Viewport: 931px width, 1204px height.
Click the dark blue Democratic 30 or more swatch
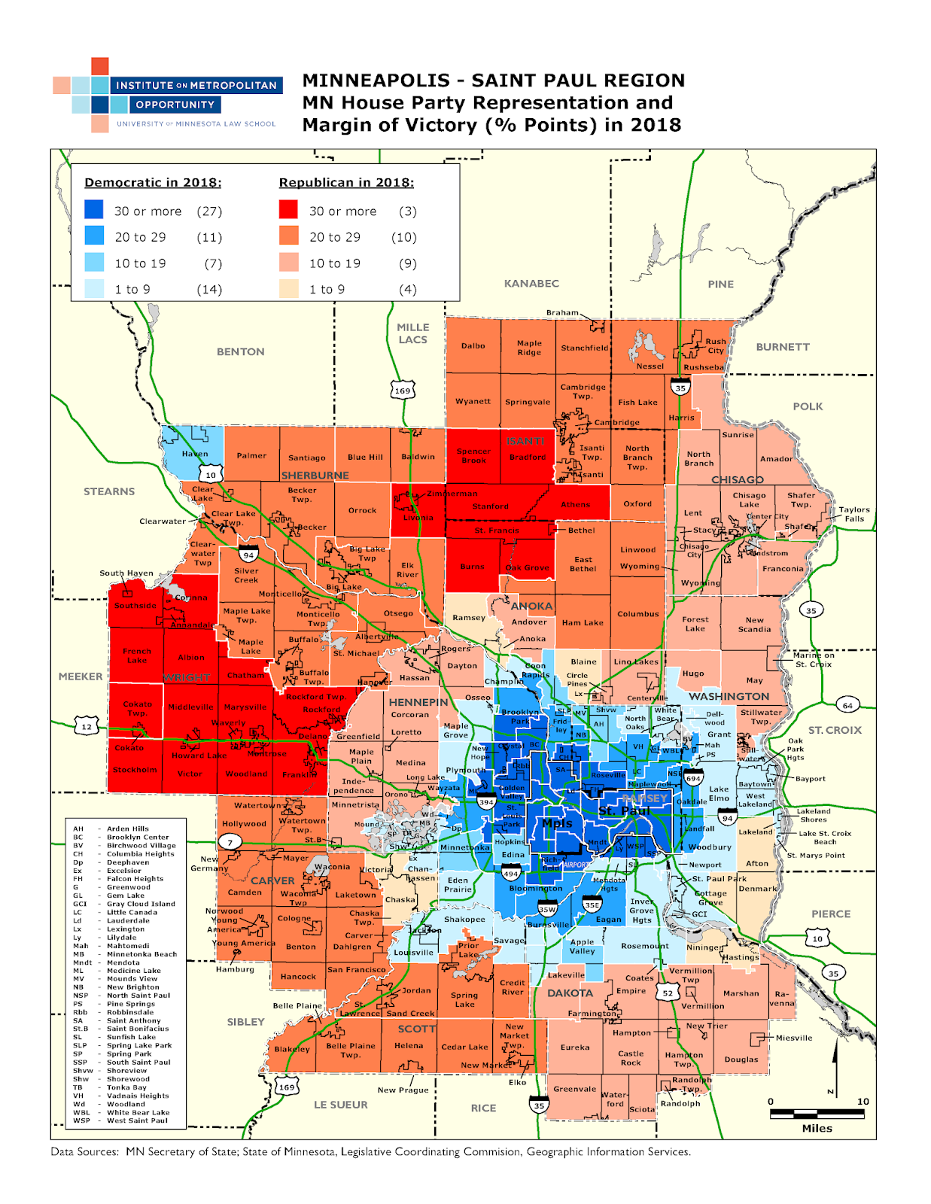pos(94,209)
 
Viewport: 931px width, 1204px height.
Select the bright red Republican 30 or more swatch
pos(288,209)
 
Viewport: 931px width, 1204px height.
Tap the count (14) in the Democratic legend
pos(208,290)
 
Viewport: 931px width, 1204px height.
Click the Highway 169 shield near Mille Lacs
pos(403,391)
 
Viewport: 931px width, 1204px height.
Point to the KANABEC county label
pos(531,284)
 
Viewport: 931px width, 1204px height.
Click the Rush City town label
pos(715,346)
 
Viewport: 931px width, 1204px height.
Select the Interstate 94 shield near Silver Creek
pos(248,555)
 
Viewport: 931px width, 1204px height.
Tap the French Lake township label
pos(137,655)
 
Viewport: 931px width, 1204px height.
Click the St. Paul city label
pos(624,811)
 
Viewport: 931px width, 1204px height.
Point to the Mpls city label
pos(557,823)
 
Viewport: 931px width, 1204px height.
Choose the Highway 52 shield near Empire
pos(668,993)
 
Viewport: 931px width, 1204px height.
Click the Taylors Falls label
pos(854,514)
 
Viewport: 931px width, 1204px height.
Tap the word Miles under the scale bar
pos(817,1128)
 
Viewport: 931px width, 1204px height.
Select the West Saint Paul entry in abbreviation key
pos(137,1120)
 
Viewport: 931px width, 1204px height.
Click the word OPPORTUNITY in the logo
pos(175,105)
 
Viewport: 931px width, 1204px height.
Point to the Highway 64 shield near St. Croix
pos(847,705)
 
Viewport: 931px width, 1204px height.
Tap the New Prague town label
pos(403,1090)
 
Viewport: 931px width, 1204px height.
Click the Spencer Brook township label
pos(473,455)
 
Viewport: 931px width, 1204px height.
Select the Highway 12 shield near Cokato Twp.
pos(87,727)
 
